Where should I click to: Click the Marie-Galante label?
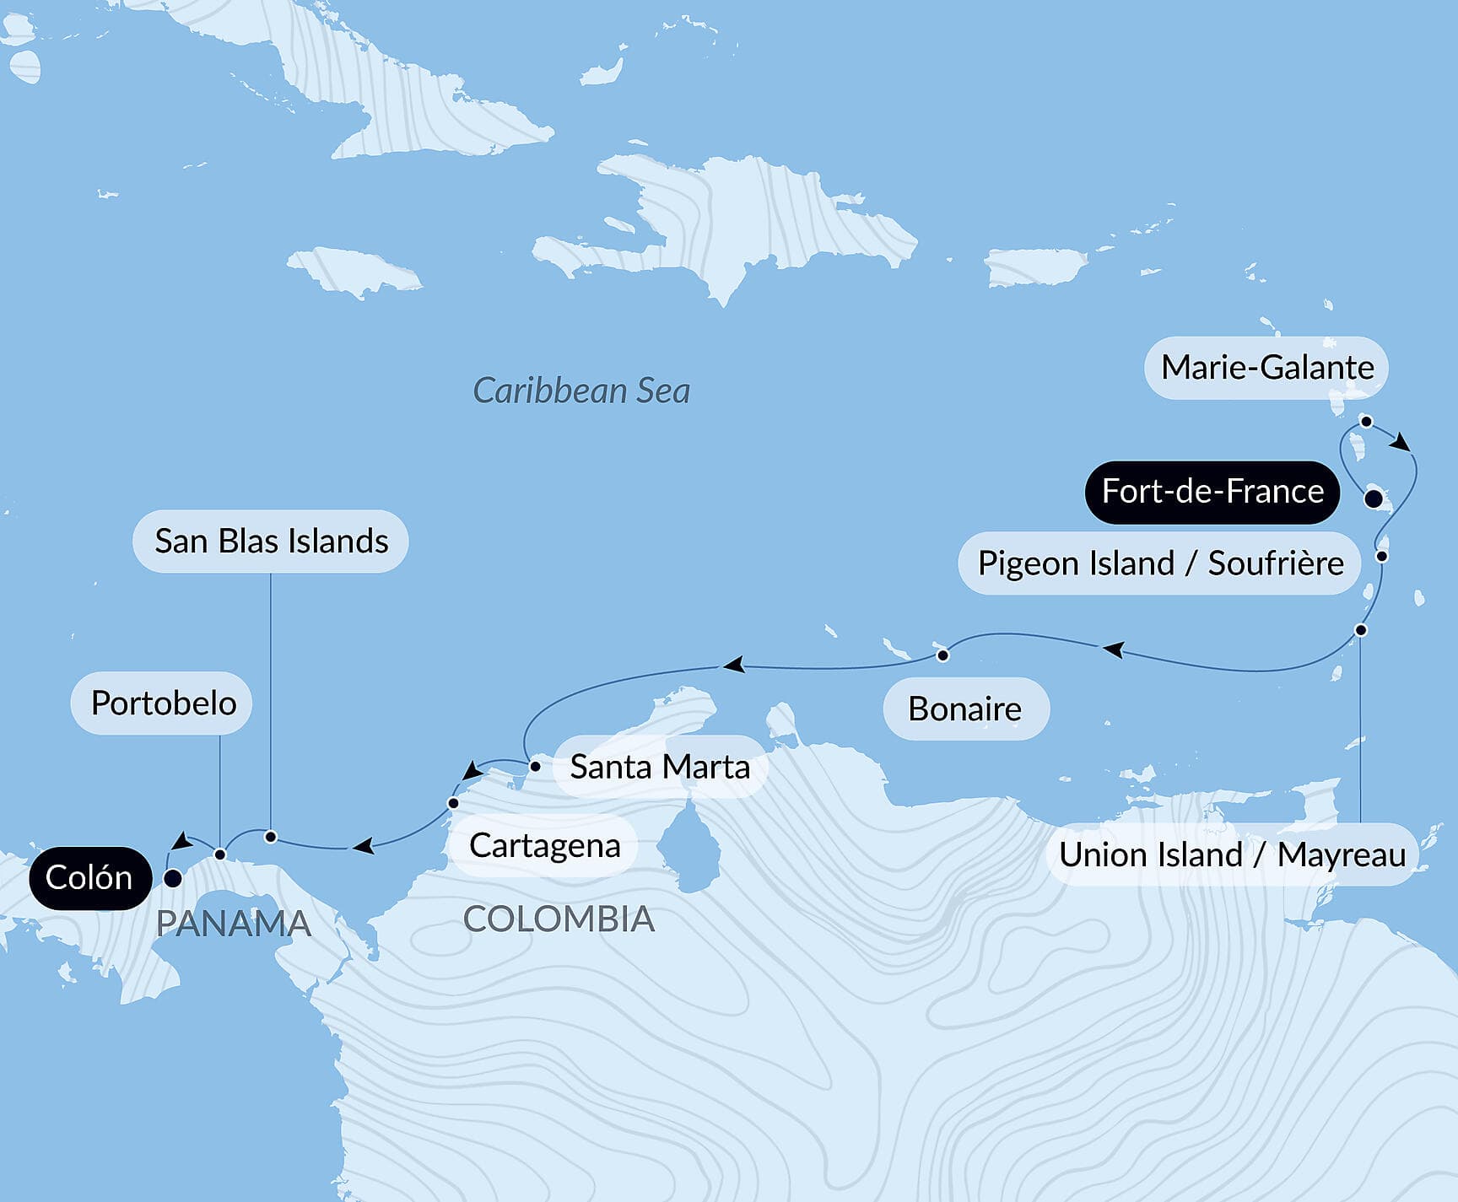(x=1266, y=368)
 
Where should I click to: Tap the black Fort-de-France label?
(x=1212, y=492)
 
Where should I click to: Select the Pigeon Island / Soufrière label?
(x=1159, y=563)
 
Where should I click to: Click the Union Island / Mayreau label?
(x=1232, y=854)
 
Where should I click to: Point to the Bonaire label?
(x=965, y=709)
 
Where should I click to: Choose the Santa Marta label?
(x=659, y=767)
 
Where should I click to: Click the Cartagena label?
(x=544, y=845)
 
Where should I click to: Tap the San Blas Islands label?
(x=271, y=542)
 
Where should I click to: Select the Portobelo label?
(x=163, y=703)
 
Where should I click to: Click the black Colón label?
(x=89, y=878)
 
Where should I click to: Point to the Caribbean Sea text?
(x=581, y=391)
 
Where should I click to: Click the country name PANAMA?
(x=234, y=924)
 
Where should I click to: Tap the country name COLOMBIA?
(x=559, y=919)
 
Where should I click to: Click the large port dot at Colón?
(x=172, y=879)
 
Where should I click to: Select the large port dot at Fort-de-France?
(x=1374, y=499)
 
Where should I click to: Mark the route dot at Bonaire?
(x=943, y=655)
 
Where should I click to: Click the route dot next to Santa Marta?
(x=535, y=767)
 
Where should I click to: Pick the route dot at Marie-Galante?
(x=1367, y=422)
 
